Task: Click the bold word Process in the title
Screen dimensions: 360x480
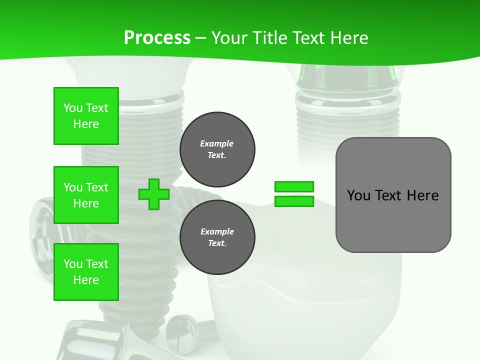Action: coord(157,38)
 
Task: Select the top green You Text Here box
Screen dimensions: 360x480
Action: coord(86,116)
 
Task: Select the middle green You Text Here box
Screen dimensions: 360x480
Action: coord(86,195)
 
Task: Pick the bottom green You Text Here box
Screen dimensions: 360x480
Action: coord(86,272)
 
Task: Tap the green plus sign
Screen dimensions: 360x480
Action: coord(154,194)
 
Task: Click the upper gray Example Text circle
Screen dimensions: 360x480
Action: coord(217,149)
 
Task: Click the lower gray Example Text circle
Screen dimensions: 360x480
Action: coord(217,237)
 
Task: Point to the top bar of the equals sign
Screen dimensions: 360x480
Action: coord(294,187)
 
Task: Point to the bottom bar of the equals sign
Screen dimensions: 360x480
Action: coord(294,201)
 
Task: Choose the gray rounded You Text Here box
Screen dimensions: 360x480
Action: coord(393,195)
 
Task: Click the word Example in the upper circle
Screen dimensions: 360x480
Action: coord(217,144)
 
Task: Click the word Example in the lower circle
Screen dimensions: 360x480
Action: coord(217,232)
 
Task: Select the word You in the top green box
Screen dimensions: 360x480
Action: coord(73,108)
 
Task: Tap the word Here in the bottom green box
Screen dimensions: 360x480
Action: coord(86,280)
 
